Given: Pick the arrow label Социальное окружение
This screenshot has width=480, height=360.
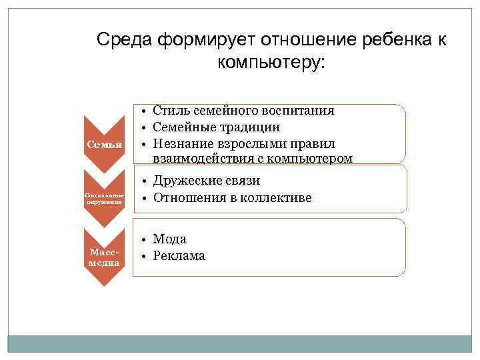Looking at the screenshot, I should click(105, 198).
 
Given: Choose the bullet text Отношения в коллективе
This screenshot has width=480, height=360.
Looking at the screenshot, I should click(232, 198).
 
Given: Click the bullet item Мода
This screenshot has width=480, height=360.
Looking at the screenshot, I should click(169, 239).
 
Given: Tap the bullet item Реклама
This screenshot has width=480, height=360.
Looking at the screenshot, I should click(179, 256).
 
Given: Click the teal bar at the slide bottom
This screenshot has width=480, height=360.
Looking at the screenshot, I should click(240, 343).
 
